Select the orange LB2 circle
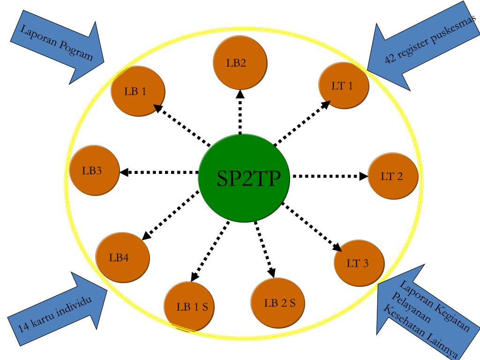tap(240, 63)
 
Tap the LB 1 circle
tap(137, 91)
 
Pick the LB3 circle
tap(94, 171)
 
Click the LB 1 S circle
tap(191, 307)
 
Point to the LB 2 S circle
tap(279, 302)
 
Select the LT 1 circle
tap(344, 86)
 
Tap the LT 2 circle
tap(393, 176)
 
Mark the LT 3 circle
tap(359, 263)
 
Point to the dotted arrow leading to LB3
tap(159, 172)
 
